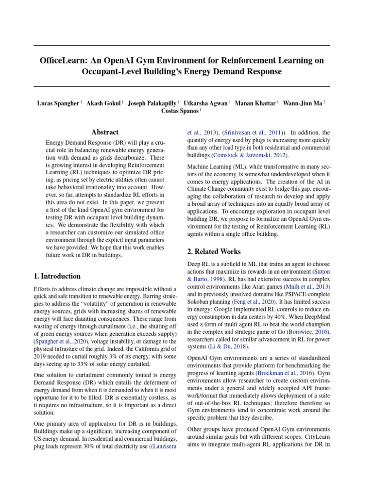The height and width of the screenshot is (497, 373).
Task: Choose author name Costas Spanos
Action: pyautogui.click(x=180, y=111)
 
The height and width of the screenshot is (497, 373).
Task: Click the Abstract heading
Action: pyautogui.click(x=105, y=132)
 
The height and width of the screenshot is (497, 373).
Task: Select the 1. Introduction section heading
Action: pyautogui.click(x=57, y=276)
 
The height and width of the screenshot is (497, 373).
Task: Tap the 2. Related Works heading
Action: pyautogui.click(x=214, y=251)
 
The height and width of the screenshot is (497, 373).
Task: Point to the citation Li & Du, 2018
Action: pyautogui.click(x=231, y=347)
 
